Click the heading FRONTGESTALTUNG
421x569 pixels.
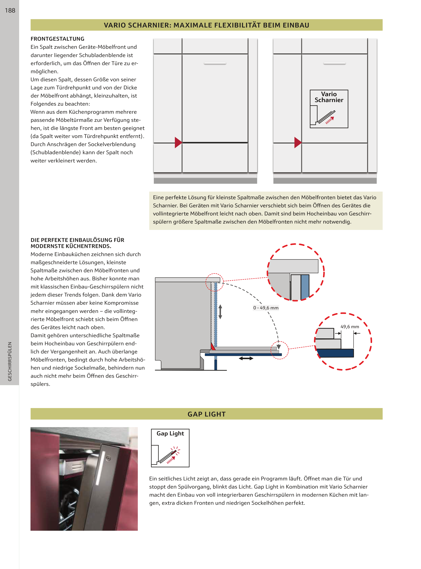[x=57, y=39]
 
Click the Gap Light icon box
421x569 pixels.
[x=170, y=448]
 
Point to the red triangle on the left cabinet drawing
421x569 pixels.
[x=178, y=142]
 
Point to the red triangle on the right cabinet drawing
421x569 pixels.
[x=297, y=142]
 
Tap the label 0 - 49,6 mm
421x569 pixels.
[x=266, y=308]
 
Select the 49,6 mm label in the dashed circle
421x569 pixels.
[x=350, y=327]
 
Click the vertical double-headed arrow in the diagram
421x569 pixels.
[x=220, y=312]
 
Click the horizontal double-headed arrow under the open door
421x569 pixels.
[x=246, y=358]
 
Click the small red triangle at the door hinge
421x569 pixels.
[x=213, y=346]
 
